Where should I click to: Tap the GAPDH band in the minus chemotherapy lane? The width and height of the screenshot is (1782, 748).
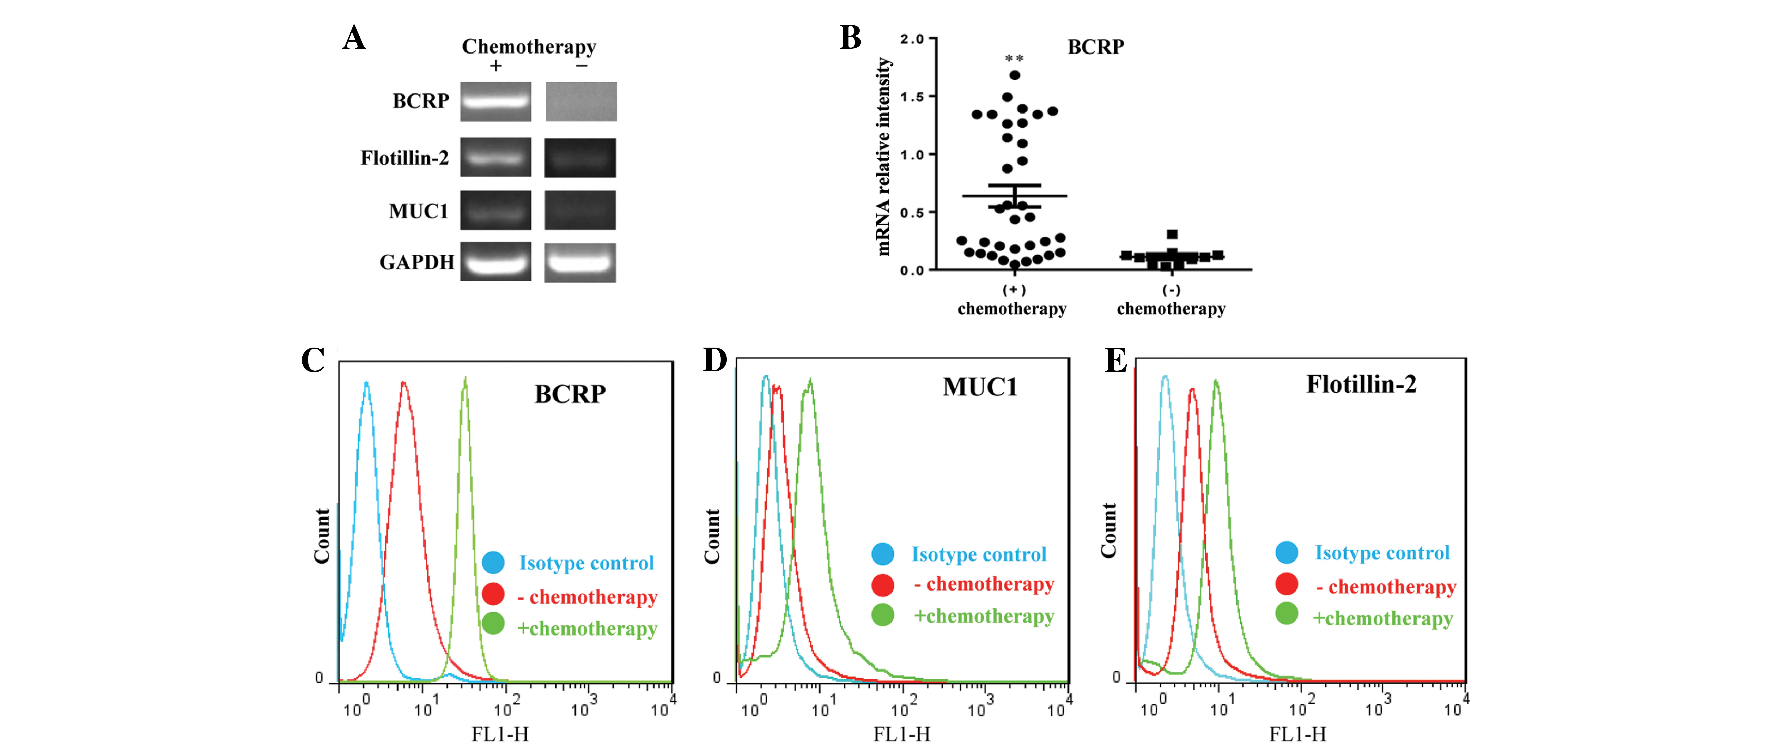click(x=580, y=262)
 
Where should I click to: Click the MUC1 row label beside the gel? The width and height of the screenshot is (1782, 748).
click(x=418, y=211)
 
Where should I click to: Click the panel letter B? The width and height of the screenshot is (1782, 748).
click(x=850, y=38)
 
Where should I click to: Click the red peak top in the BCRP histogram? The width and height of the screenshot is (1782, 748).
click(x=403, y=383)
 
